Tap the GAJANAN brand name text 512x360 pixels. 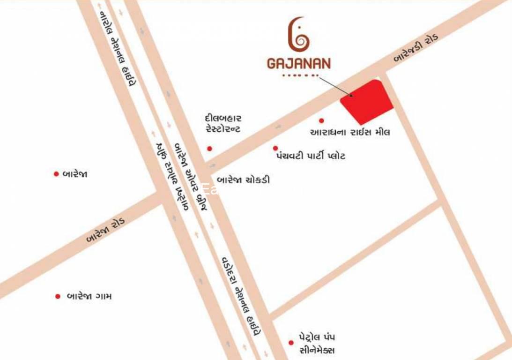(299, 63)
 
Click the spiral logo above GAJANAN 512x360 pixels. (298, 36)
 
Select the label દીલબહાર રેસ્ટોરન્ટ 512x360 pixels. (223, 124)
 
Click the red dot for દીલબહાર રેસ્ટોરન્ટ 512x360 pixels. (209, 149)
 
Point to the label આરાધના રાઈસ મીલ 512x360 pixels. (350, 132)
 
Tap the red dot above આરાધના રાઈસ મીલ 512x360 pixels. (321, 120)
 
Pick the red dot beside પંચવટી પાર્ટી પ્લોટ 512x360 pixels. (275, 148)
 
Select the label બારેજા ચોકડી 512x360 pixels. (243, 180)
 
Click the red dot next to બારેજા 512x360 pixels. (56, 174)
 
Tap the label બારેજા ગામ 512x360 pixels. (89, 296)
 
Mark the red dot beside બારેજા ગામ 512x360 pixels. (58, 296)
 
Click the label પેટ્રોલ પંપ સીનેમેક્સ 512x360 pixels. (317, 344)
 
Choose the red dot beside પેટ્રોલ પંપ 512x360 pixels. (291, 343)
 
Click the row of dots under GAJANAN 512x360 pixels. (298, 75)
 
